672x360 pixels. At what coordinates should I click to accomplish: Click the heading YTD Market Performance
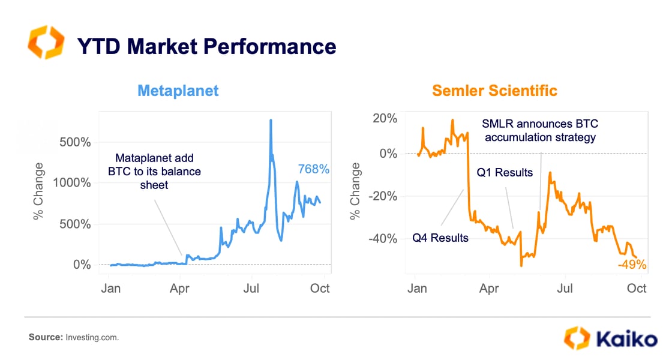[206, 47]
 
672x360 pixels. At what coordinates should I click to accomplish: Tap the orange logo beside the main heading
[45, 42]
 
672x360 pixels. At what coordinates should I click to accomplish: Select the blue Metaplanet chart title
[178, 91]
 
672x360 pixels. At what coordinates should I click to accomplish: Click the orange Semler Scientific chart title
[494, 91]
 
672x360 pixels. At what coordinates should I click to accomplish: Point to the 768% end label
[314, 170]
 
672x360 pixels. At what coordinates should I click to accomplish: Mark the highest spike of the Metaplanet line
[271, 121]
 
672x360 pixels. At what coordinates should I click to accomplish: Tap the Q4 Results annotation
[440, 238]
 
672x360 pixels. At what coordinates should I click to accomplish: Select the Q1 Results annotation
[505, 173]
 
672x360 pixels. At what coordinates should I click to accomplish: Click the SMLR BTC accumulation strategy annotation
[540, 130]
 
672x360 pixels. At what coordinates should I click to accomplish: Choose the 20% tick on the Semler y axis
[384, 118]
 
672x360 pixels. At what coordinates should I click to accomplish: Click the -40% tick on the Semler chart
[382, 239]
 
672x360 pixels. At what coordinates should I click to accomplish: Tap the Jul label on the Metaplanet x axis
[251, 289]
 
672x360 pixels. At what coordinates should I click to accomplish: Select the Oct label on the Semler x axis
[637, 289]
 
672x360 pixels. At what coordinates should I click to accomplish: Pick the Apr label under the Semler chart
[489, 289]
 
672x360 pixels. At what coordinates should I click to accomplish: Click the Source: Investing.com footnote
[74, 338]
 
